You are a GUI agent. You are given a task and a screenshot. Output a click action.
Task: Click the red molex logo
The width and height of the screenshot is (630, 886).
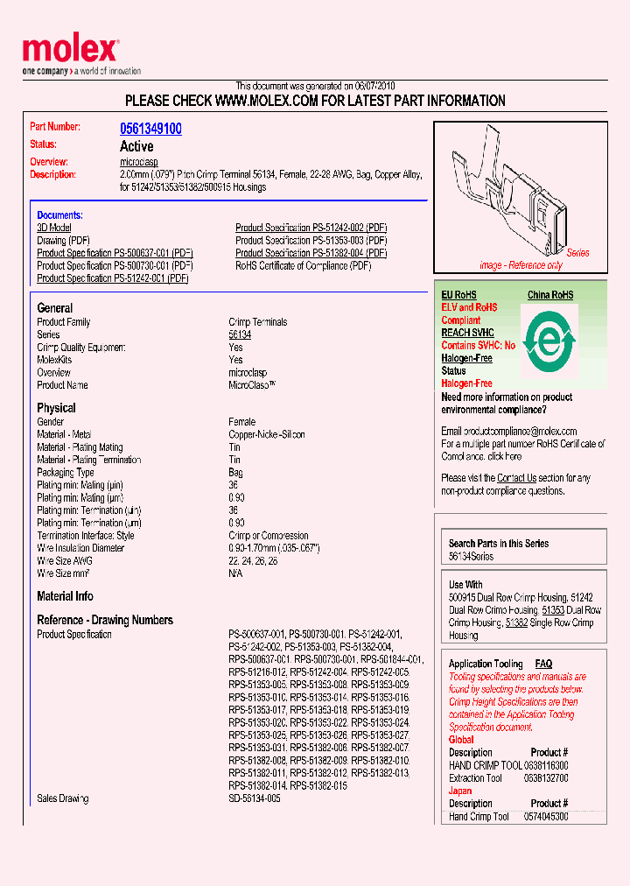(x=70, y=51)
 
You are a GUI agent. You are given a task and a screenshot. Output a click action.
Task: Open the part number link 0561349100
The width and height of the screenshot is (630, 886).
(x=150, y=129)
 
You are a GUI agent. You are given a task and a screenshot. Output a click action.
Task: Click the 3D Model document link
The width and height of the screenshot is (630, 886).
(x=54, y=228)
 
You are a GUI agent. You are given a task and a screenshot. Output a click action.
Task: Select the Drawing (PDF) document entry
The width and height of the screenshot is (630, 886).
(x=63, y=240)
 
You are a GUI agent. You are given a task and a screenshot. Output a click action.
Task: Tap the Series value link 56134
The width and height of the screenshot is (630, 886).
(x=240, y=334)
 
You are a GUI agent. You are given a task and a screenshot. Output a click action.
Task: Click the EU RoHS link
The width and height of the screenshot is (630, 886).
(x=458, y=295)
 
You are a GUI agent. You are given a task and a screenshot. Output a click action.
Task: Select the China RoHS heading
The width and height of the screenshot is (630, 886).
(x=549, y=295)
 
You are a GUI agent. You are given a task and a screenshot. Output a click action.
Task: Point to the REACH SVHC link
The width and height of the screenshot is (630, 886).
(x=467, y=333)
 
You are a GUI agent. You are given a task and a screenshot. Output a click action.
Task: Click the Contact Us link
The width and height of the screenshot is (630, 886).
(x=516, y=478)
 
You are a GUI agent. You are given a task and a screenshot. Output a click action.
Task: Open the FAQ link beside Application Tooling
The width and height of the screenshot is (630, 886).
(x=543, y=664)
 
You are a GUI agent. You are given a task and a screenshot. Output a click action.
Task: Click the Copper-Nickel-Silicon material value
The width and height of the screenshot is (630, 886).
(x=268, y=434)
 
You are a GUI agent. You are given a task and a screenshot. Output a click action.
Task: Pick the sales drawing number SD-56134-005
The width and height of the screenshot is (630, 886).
(x=255, y=798)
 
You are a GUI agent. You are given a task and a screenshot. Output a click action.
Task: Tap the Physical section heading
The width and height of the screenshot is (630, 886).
(x=56, y=408)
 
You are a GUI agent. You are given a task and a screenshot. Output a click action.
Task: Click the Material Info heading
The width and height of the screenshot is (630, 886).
(x=65, y=596)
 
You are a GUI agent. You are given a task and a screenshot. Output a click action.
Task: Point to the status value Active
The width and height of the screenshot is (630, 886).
(x=136, y=146)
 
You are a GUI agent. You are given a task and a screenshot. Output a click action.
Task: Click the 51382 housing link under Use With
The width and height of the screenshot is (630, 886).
(x=516, y=622)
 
